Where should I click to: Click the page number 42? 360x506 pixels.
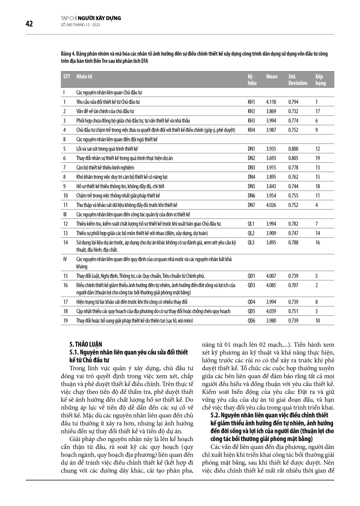click(29, 24)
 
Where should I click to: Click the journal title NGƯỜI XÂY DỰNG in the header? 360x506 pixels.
click(101, 18)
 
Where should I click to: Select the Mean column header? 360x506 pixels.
click(272, 77)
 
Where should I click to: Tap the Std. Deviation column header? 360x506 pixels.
click(298, 80)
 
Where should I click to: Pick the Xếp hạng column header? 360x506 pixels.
click(320, 80)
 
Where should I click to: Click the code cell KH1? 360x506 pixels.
click(252, 102)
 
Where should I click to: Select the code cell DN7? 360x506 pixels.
click(252, 205)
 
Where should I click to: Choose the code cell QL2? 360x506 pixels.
click(252, 233)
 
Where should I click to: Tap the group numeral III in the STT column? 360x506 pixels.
click(64, 214)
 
